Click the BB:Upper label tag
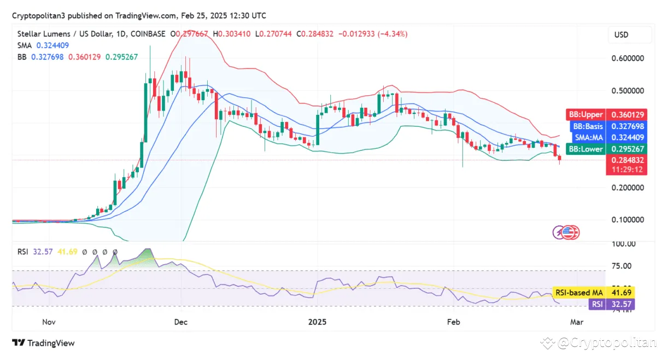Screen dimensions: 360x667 (584, 114)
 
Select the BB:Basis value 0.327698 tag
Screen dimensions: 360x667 (627, 126)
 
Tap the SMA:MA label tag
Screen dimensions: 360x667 (584, 137)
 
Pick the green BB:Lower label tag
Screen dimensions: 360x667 (584, 149)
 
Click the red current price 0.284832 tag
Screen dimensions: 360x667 (627, 160)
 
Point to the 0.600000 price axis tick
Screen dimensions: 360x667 (627, 59)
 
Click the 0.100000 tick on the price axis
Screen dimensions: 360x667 (627, 220)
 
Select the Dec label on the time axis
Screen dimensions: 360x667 (182, 322)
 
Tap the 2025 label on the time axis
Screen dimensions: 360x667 (317, 322)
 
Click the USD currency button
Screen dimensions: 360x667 (621, 34)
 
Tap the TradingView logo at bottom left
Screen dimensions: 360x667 (44, 343)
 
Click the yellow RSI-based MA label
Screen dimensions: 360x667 (578, 293)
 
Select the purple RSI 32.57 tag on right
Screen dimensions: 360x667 (619, 304)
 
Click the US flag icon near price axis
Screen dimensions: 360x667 (571, 233)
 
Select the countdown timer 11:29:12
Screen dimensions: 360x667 (627, 170)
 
